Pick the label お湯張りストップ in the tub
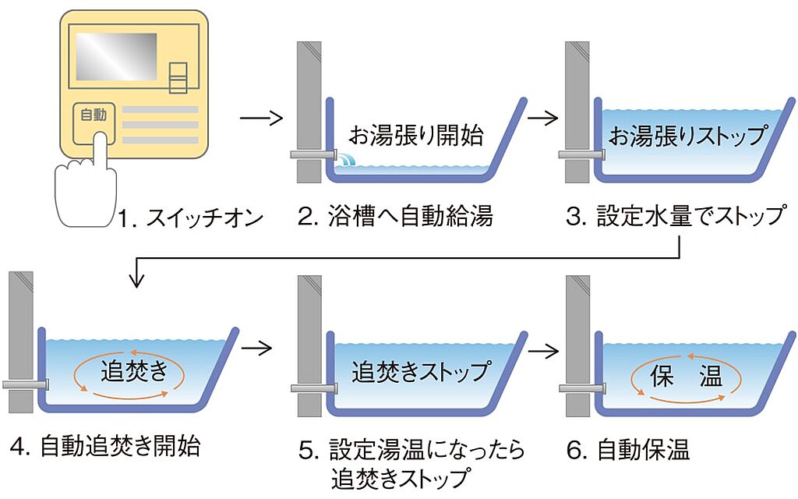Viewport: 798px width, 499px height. tap(687, 136)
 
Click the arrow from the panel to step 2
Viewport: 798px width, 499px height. tap(260, 119)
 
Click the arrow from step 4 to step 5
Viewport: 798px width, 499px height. tap(261, 348)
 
